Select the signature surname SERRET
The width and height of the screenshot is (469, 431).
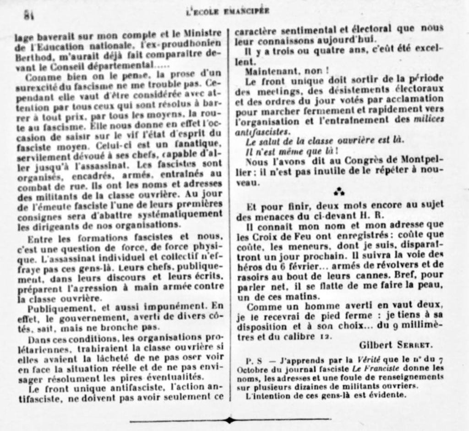416,344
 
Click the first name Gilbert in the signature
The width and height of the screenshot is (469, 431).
375,344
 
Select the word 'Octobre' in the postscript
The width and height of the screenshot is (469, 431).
251,369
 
